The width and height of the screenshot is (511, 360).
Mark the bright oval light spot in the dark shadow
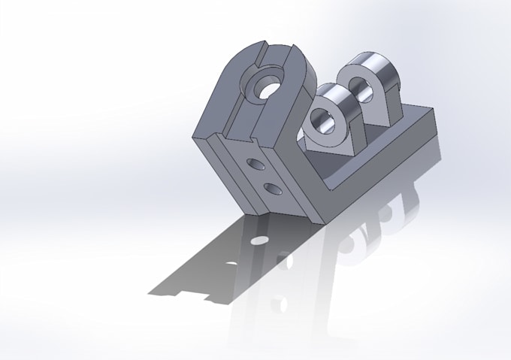259,239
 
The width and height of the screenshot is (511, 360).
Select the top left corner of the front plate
194,136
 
